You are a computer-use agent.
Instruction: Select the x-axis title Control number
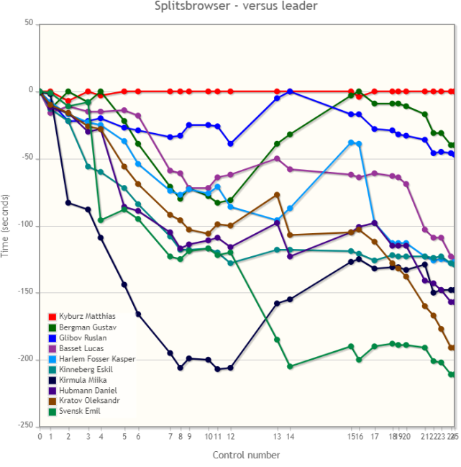(246, 455)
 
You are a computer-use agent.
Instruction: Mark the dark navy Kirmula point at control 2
(68, 202)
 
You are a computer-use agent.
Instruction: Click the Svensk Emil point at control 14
(290, 366)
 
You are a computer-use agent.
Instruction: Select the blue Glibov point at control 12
(230, 144)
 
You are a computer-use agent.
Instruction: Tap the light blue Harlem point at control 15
(351, 142)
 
